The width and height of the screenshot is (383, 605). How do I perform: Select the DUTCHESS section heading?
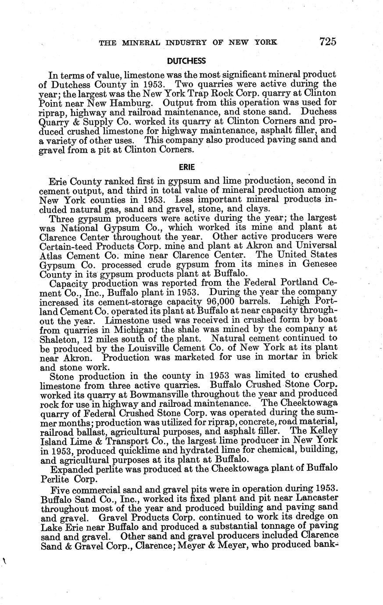[x=186, y=60]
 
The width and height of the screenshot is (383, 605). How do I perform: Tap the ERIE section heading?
[x=187, y=167]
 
